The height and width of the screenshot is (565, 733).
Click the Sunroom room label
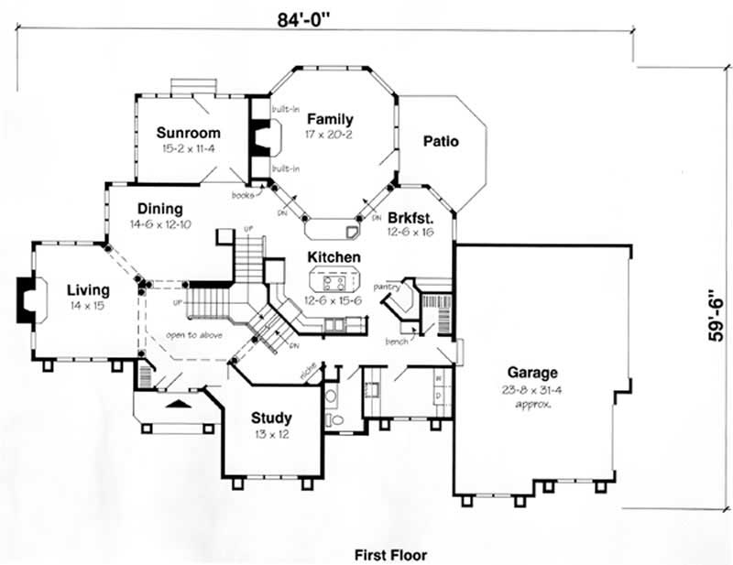pos(187,132)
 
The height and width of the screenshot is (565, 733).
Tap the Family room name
pos(331,119)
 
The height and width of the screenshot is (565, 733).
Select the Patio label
pos(441,141)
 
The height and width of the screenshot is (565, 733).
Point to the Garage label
pos(531,373)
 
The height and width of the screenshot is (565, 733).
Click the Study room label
pos(271,418)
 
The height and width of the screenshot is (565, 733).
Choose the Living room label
pos(87,290)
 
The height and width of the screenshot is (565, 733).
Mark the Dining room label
pos(160,209)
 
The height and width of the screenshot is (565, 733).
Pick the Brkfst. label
pos(409,219)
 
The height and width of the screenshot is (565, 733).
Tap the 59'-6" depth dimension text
pos(715,317)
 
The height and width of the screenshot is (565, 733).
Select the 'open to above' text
pos(194,335)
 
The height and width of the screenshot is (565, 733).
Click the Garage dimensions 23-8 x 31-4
pos(531,388)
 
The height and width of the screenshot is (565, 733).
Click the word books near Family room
pos(242,194)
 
